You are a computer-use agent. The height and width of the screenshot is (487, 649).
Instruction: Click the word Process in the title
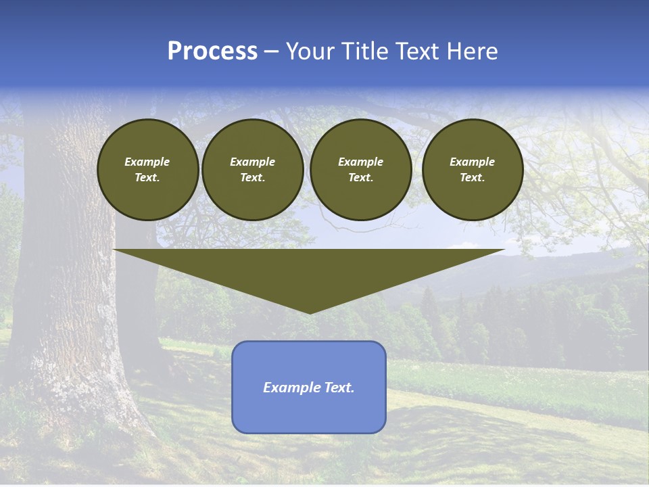pyautogui.click(x=212, y=51)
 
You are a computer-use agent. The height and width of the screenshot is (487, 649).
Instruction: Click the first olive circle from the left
pyautogui.click(x=147, y=170)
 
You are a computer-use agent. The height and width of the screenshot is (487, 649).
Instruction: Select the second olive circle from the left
pyautogui.click(x=252, y=170)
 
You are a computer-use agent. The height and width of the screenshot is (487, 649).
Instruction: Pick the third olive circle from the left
pyautogui.click(x=360, y=170)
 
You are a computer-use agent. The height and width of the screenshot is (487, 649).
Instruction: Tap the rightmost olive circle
pyautogui.click(x=472, y=170)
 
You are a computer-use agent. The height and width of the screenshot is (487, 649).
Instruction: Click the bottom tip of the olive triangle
pyautogui.click(x=310, y=312)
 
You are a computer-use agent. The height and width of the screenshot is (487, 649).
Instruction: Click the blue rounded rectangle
pyautogui.click(x=309, y=413)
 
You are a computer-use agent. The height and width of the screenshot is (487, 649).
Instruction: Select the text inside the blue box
pyautogui.click(x=309, y=388)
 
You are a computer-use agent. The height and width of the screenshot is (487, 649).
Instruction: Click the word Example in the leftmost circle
pyautogui.click(x=147, y=162)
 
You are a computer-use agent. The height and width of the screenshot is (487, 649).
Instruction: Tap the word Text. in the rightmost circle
pyautogui.click(x=472, y=178)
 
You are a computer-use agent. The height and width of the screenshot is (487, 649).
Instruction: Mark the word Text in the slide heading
pyautogui.click(x=418, y=51)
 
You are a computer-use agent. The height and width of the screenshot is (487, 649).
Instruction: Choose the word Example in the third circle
pyautogui.click(x=360, y=162)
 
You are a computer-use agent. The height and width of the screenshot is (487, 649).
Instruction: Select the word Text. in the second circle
pyautogui.click(x=252, y=178)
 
